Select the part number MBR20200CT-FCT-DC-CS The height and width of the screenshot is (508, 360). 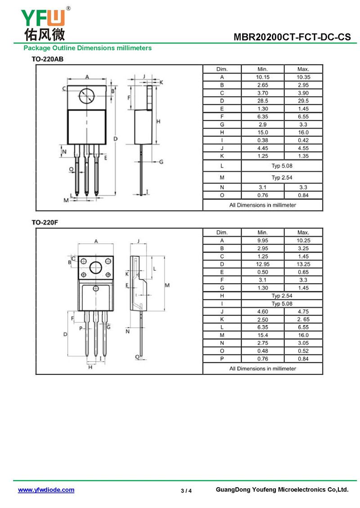coord(292,37)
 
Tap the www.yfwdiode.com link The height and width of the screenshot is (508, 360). coord(46,490)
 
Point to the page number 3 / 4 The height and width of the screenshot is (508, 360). coord(186,490)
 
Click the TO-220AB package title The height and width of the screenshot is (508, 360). coord(47,59)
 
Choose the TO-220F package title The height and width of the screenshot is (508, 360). coord(45,222)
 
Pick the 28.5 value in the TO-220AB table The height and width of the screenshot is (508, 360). coord(263,101)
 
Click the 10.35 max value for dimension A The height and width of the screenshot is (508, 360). coord(303,77)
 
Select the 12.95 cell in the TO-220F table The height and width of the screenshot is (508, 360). coord(263,264)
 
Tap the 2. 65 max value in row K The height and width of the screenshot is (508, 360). coord(303,320)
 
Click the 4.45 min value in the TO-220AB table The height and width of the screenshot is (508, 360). coord(263,148)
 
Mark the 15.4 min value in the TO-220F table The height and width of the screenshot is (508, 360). coord(263,335)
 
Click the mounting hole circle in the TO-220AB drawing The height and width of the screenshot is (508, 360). coord(86,96)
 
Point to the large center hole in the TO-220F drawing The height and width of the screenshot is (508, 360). coord(96,267)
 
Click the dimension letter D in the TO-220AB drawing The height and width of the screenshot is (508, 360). coord(116,138)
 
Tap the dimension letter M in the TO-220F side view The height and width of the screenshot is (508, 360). coord(167,285)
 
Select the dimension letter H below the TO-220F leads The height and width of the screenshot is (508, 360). coord(90,367)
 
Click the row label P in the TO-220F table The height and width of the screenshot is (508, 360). coord(222,359)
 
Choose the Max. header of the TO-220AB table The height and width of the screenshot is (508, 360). coord(303,69)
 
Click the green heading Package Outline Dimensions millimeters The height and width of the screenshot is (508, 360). coord(88,48)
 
